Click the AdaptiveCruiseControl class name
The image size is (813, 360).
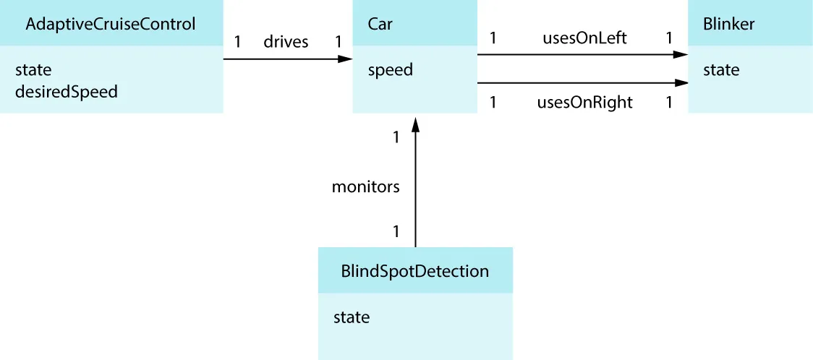(x=110, y=24)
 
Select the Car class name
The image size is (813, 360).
(x=380, y=24)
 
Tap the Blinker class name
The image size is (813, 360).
(x=728, y=24)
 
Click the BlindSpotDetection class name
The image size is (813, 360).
(x=414, y=272)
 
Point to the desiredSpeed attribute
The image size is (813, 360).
(x=66, y=92)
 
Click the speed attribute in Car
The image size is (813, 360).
(x=390, y=70)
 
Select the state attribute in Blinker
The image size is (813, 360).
(x=721, y=70)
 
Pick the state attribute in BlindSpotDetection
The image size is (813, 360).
(x=352, y=317)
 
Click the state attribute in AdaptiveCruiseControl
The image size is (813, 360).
(x=33, y=70)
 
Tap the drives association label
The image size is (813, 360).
(x=286, y=42)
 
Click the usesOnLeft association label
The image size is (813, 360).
(x=584, y=38)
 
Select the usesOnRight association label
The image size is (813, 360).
(x=584, y=103)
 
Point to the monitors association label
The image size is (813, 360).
(x=365, y=187)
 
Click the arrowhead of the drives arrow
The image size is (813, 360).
(x=345, y=59)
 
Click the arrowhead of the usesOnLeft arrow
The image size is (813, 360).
(x=680, y=54)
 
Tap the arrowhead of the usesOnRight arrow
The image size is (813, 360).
(x=680, y=83)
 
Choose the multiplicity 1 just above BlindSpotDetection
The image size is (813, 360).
(x=396, y=232)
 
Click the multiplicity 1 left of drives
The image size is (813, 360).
(x=237, y=42)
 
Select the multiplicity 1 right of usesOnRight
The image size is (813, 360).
(x=669, y=103)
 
